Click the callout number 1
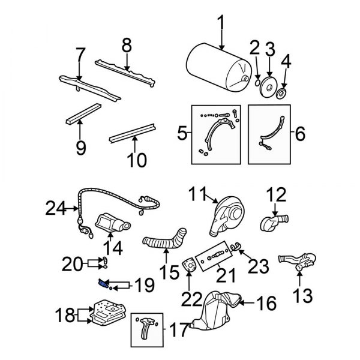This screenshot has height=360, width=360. (221, 24)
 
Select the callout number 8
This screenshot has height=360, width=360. (126, 46)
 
